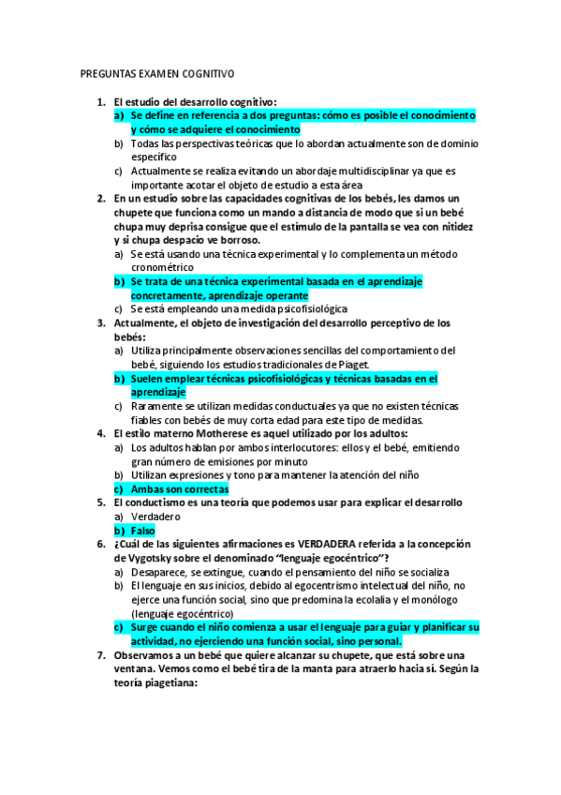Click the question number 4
(x=101, y=433)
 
